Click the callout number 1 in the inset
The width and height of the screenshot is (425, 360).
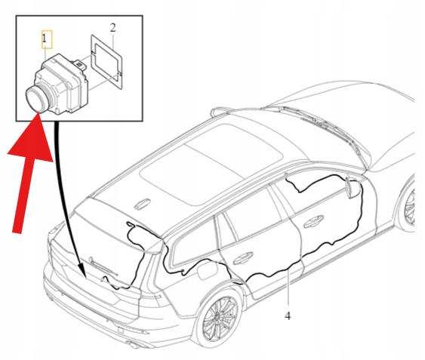pyautogui.click(x=45, y=38)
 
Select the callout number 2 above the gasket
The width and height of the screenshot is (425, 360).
pyautogui.click(x=112, y=28)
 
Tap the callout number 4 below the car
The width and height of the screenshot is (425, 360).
pyautogui.click(x=288, y=315)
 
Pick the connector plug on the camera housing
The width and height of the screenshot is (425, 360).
pyautogui.click(x=79, y=64)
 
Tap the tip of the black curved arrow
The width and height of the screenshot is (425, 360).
pyautogui.click(x=85, y=278)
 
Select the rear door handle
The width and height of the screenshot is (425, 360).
pyautogui.click(x=243, y=258)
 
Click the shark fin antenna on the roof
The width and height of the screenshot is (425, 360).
pyautogui.click(x=143, y=204)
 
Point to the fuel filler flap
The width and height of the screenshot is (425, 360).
pyautogui.click(x=208, y=269)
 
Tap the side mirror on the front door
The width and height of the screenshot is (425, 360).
pyautogui.click(x=350, y=187)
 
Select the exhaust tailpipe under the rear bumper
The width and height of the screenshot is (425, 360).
pyautogui.click(x=134, y=345)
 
